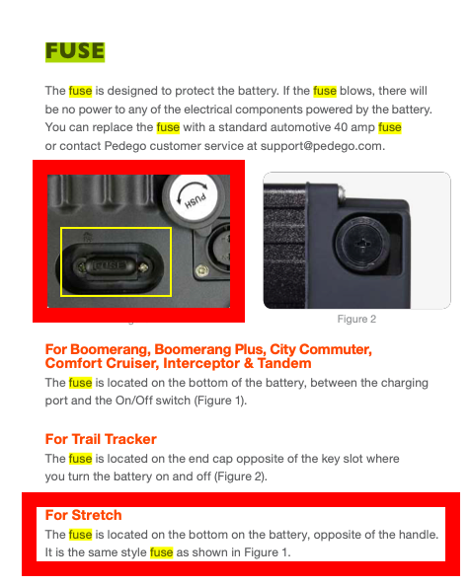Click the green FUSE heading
(75, 52)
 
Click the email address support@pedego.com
(323, 146)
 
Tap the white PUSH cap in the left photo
(193, 197)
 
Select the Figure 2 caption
(356, 319)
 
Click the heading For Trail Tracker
(101, 439)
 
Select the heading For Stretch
(84, 515)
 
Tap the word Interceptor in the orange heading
(201, 363)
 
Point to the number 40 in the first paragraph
(341, 127)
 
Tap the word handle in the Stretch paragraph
(418, 535)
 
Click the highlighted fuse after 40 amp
(390, 127)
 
